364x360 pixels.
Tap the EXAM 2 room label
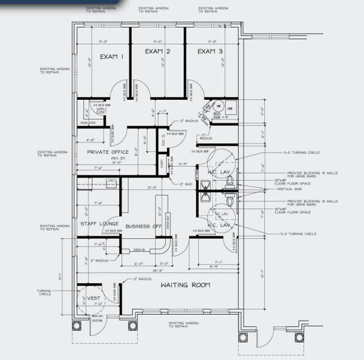[x=157, y=51]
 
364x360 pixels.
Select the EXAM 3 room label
[x=210, y=51]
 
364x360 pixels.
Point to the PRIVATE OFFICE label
[x=107, y=151]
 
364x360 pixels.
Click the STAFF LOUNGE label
[x=100, y=224]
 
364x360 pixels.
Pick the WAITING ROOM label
[x=185, y=285]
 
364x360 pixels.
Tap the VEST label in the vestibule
[x=93, y=298]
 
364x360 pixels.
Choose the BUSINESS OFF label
[x=144, y=227]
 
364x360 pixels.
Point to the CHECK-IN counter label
[x=139, y=249]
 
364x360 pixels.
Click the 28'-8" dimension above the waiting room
[x=157, y=269]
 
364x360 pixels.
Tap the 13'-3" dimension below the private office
[x=151, y=187]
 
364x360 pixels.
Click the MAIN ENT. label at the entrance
[x=97, y=315]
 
